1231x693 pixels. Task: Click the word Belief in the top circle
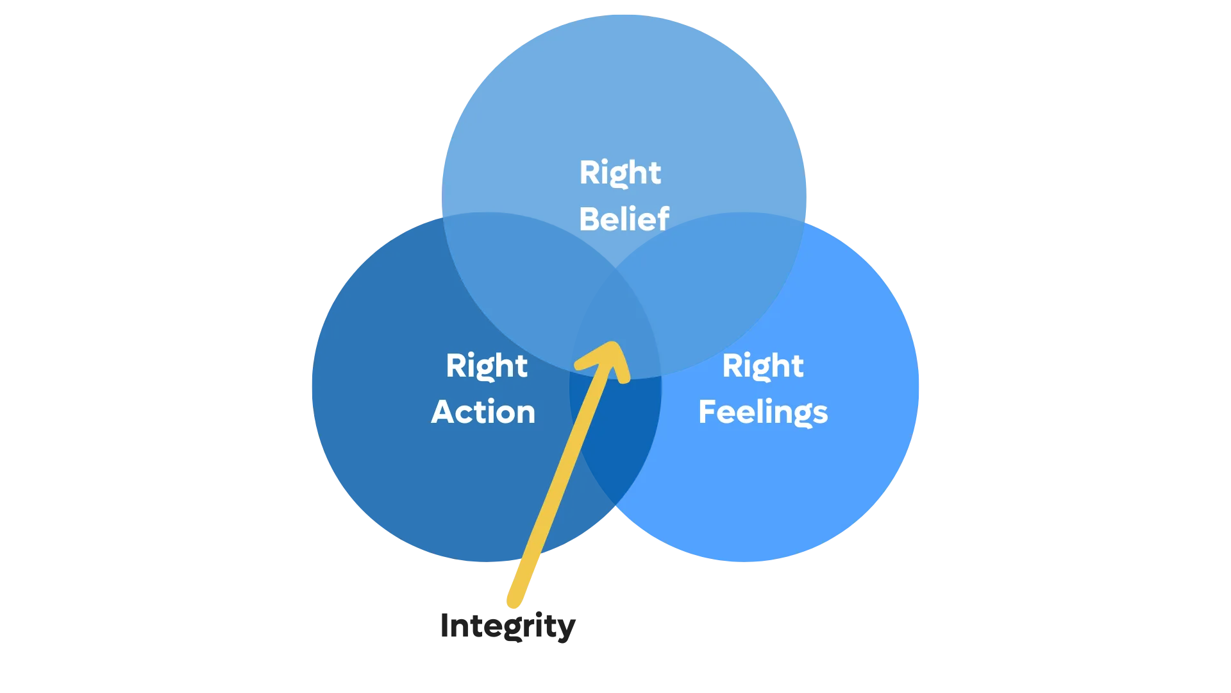624,219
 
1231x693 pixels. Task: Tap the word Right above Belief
620,173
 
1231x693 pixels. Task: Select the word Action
483,412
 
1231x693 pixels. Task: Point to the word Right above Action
487,366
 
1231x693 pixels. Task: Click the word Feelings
763,412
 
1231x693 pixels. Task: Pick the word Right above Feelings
763,366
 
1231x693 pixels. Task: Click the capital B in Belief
589,219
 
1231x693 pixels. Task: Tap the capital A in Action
442,412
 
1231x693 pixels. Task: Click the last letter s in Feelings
821,413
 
